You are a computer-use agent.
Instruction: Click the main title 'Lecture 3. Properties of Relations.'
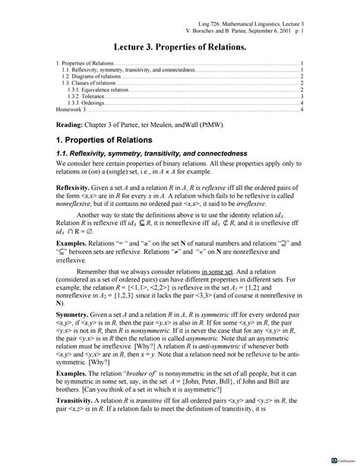(179, 44)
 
